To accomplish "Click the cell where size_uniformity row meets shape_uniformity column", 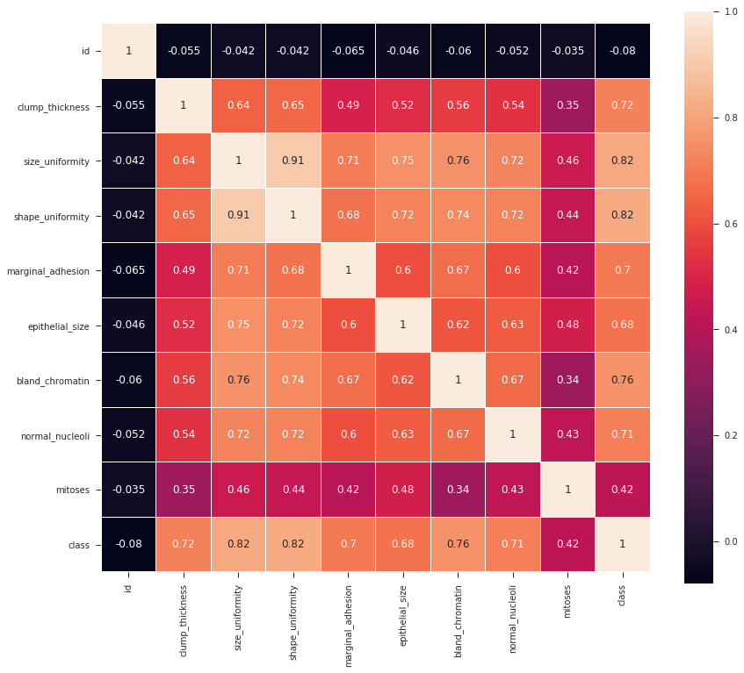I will pos(293,161).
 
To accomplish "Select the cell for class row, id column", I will pos(128,544).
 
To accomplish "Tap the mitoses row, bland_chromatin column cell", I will pos(458,490).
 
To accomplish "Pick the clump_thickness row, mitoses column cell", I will pos(567,105).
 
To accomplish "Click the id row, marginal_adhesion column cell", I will pos(348,51).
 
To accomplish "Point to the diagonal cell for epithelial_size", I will pos(403,325).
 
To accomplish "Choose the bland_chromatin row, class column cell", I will pos(623,380).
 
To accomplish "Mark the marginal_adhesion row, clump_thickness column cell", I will pos(184,270).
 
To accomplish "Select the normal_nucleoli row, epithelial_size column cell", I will pos(403,434).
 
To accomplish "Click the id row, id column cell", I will pos(128,51).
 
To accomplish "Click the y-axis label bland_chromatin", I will pos(56,381).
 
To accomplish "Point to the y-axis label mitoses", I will pos(73,490).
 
